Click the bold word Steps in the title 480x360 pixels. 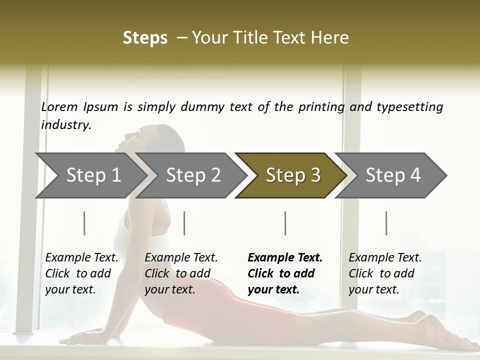click(145, 38)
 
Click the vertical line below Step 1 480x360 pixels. click(84, 223)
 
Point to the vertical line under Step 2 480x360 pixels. click(184, 223)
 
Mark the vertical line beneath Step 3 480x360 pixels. click(285, 223)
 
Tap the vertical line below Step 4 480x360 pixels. click(386, 223)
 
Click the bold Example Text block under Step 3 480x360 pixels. click(285, 273)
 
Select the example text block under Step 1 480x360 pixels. click(81, 273)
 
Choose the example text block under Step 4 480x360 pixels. click(385, 273)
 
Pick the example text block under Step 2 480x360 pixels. click(181, 273)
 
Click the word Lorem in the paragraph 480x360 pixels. click(59, 107)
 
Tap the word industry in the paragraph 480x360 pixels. click(66, 125)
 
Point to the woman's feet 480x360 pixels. click(440, 330)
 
